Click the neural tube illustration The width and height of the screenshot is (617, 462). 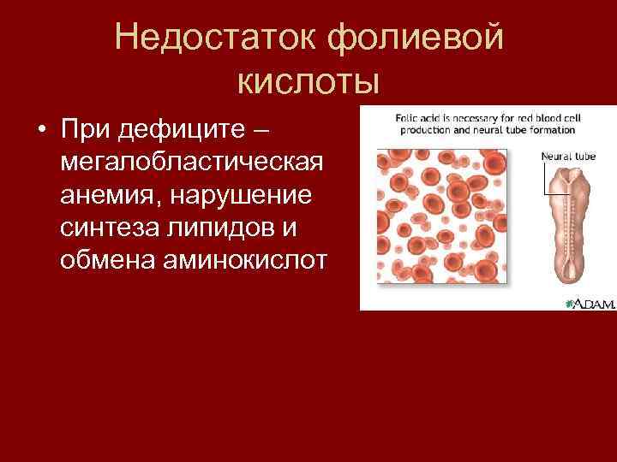click(x=567, y=228)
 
